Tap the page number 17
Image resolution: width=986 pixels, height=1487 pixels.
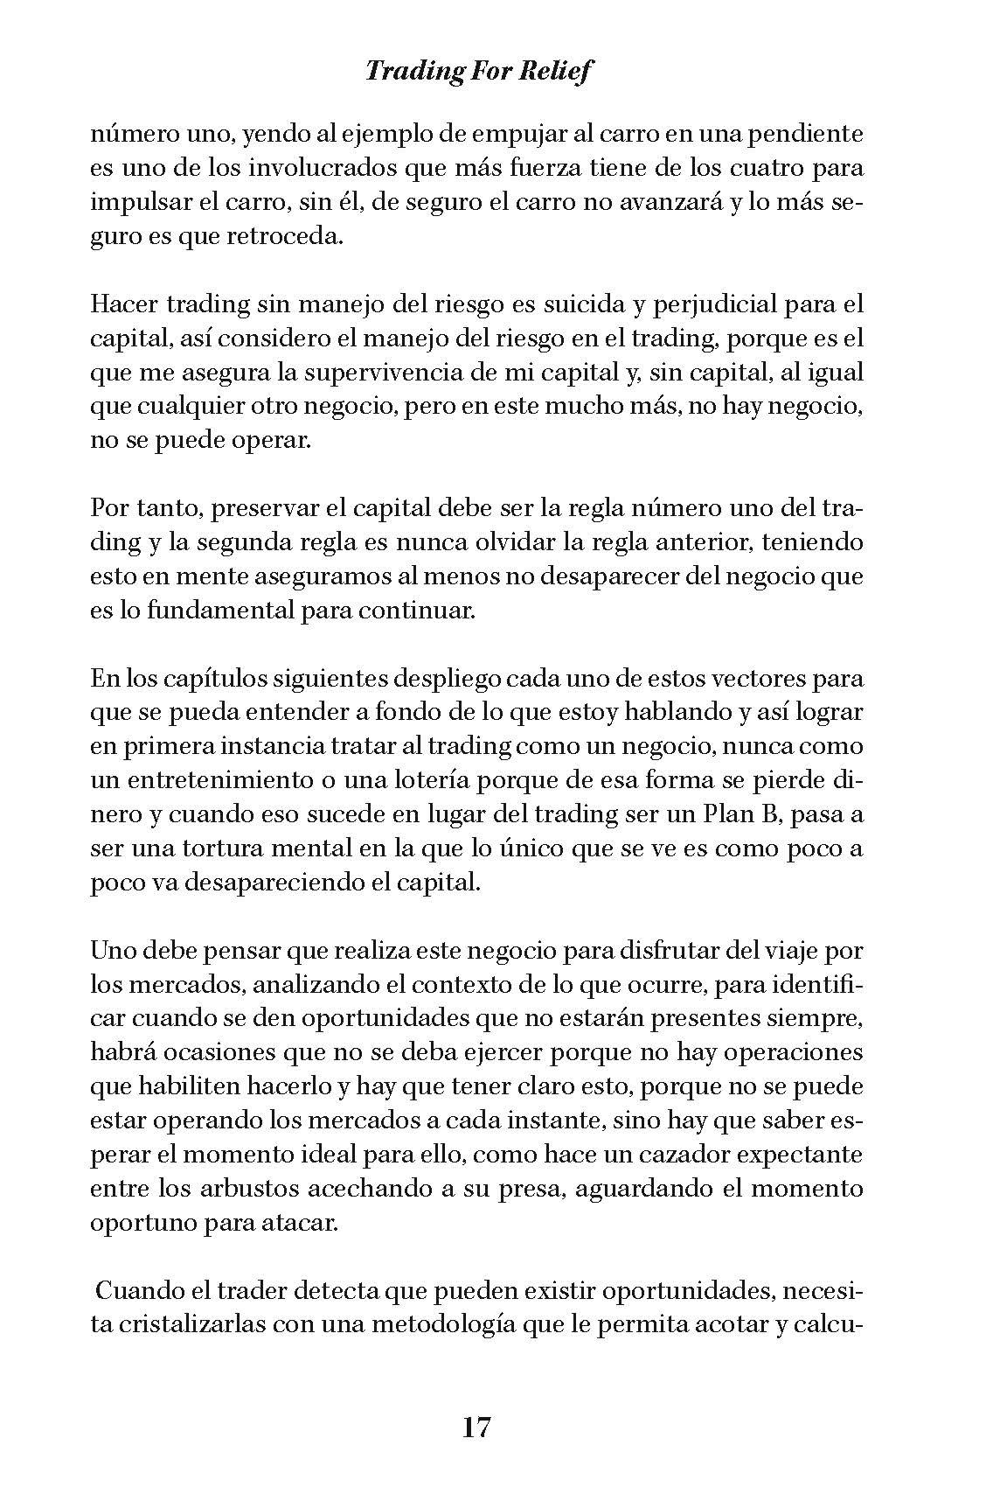476,1428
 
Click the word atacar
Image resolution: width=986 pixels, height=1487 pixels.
300,1223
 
